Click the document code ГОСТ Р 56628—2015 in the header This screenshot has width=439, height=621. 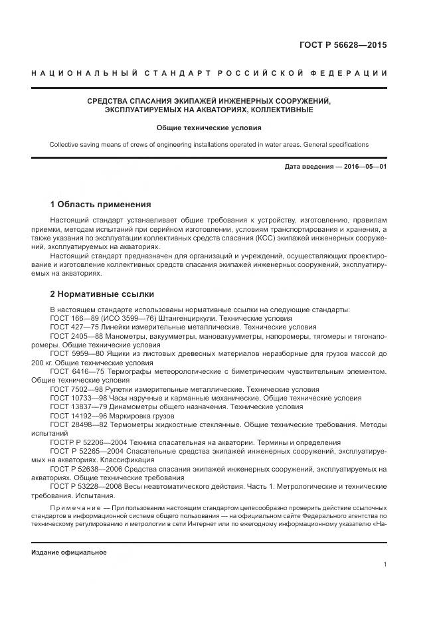click(345, 46)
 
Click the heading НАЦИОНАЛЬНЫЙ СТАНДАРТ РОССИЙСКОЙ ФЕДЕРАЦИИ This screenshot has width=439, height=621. click(209, 72)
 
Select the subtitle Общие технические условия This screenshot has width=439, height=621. click(209, 127)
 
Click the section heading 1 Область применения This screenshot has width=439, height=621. click(100, 204)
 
